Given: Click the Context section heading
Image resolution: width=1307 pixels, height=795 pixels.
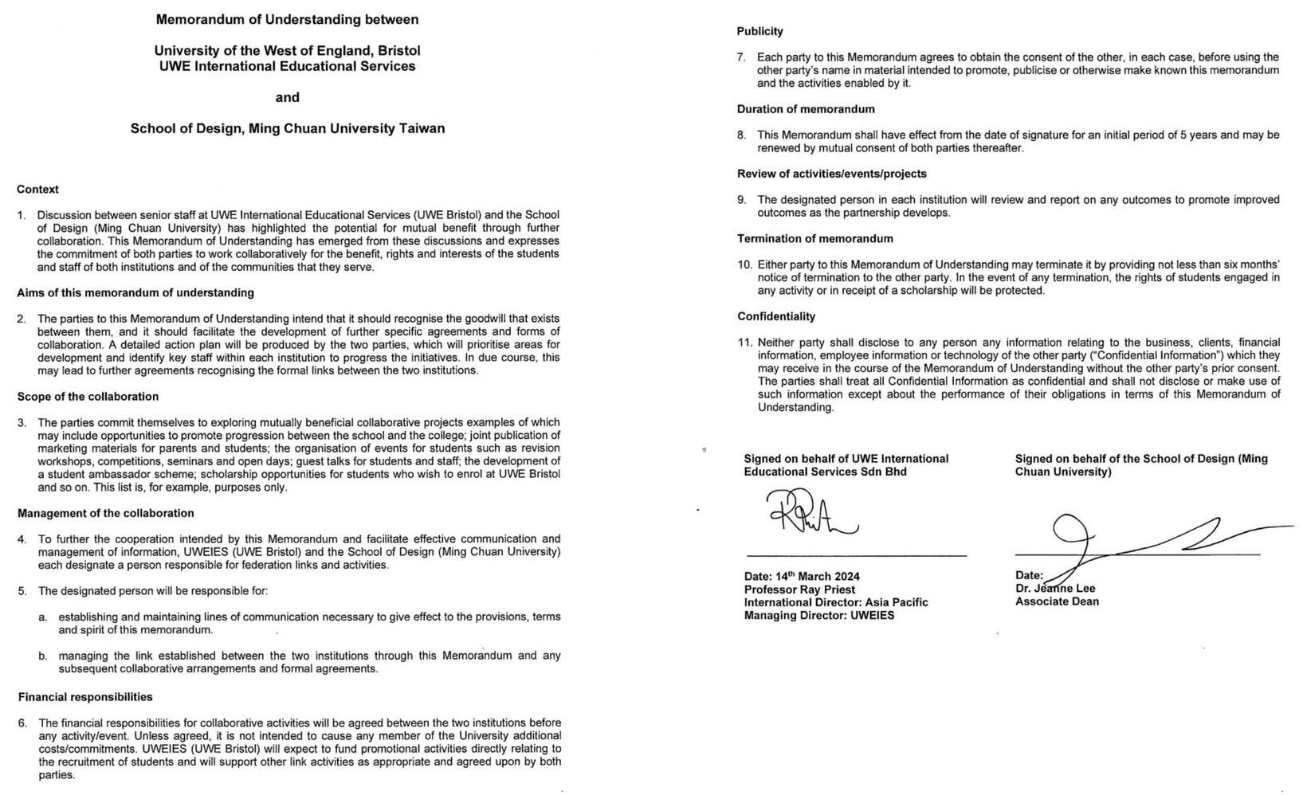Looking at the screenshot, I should pos(37,190).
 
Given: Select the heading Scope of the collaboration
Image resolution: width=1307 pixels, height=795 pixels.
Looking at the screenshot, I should pos(88,397).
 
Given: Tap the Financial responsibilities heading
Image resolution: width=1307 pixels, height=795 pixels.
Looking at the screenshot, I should pos(85,697).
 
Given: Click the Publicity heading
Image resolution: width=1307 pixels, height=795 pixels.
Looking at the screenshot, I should pos(759,32).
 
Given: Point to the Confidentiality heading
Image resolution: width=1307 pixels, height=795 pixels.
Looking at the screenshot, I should pos(775,317).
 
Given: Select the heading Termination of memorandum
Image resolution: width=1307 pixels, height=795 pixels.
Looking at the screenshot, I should pos(814,239).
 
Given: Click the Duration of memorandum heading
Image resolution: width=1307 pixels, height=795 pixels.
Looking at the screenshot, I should pos(805,110).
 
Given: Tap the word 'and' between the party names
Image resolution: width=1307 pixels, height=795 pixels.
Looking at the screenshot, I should pos(287,97).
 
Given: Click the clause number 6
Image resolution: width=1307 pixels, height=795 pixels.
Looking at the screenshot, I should pos(22,723).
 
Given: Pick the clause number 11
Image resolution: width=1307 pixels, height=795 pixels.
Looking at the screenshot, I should pos(744,343).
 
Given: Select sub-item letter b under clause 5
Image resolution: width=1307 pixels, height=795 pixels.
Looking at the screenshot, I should pos(42,656).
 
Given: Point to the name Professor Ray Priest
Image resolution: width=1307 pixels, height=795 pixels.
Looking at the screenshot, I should pos(799,590).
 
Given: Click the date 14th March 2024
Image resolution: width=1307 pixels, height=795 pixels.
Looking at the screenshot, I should pos(802,577).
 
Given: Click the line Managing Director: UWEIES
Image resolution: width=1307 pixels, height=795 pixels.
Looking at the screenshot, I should pos(818,616).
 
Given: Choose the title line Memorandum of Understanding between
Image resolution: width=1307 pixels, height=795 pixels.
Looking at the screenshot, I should pos(287,19).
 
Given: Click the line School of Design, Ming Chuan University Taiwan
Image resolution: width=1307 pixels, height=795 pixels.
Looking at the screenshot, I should pos(287,128).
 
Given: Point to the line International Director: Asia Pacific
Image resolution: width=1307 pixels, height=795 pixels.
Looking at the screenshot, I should pos(836,603).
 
